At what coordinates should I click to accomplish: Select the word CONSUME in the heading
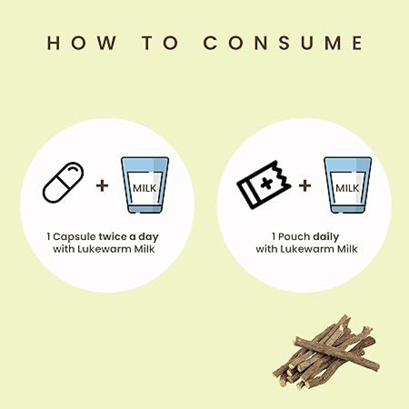coord(283,43)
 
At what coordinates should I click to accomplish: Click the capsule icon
coord(63,183)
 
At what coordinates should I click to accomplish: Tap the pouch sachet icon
coord(264,184)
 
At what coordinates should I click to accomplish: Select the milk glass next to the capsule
coord(145,185)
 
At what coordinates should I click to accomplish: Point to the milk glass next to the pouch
coord(348,185)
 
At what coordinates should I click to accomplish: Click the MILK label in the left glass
coord(144,188)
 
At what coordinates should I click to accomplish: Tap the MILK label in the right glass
coord(347,188)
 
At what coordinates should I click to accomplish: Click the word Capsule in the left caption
coord(74,237)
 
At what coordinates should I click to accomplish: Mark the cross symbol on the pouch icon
coord(266,183)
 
